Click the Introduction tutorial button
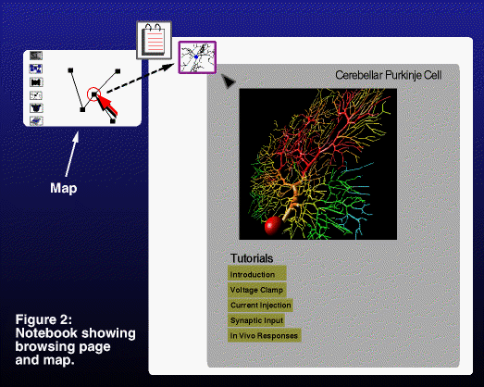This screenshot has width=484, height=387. pyautogui.click(x=257, y=273)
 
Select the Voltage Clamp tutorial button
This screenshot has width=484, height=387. pyautogui.click(x=257, y=290)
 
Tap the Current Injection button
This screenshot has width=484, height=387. pyautogui.click(x=260, y=306)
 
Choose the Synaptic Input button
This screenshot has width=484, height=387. pyautogui.click(x=256, y=320)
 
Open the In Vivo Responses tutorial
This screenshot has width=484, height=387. pyautogui.click(x=265, y=335)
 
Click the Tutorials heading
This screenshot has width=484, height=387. pyautogui.click(x=252, y=258)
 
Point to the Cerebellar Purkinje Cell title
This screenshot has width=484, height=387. pyautogui.click(x=389, y=75)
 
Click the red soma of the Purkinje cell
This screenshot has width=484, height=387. pyautogui.click(x=273, y=226)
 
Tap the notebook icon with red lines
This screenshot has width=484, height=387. pyautogui.click(x=154, y=40)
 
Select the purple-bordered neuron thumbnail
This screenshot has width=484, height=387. pyautogui.click(x=197, y=57)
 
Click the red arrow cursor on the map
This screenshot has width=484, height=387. pyautogui.click(x=106, y=105)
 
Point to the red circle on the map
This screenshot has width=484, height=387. pyautogui.click(x=93, y=94)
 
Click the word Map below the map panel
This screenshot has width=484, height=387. pyautogui.click(x=64, y=188)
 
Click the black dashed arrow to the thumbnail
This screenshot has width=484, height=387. pyautogui.click(x=141, y=78)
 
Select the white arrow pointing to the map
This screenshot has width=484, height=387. pyautogui.click(x=72, y=154)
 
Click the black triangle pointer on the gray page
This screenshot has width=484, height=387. pyautogui.click(x=229, y=81)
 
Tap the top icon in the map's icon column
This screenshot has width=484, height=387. pyautogui.click(x=36, y=56)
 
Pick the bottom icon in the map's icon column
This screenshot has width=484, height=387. pyautogui.click(x=36, y=121)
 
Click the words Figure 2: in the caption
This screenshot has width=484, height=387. pyautogui.click(x=43, y=319)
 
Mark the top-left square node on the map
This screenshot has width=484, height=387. pyautogui.click(x=70, y=70)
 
